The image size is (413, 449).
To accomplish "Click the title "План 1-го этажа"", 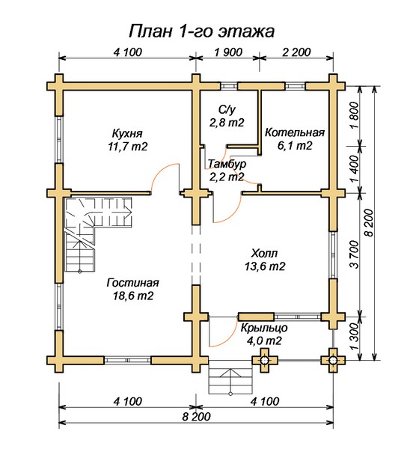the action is pos(201,31).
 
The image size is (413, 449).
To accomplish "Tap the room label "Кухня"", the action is pos(127,133).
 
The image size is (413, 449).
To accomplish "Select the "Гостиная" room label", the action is pos(132,283).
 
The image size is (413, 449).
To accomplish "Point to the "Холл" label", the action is pos(264,254).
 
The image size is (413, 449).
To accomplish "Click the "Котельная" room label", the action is pos(295,132).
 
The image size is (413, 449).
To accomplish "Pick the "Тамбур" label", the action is pos(227,164).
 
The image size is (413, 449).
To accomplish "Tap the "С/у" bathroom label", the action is pos(227,109).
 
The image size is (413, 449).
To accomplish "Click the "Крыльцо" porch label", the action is pos(264,328).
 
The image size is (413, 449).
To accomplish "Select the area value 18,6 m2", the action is pos(133,296).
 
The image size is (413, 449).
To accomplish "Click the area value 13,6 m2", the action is pos(265,266).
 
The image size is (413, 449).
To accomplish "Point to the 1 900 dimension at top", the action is pos(228,52).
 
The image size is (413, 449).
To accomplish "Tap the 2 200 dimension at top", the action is pos(296,52).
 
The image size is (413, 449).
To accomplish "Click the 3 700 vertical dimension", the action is pos(355,254).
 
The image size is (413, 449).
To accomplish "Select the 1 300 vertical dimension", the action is pos(355,336).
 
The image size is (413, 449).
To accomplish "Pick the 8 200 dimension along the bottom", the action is pos(196,417).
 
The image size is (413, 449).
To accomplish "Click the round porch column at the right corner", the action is pos(333,360).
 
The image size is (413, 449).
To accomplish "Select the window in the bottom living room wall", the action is pos(127,360).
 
